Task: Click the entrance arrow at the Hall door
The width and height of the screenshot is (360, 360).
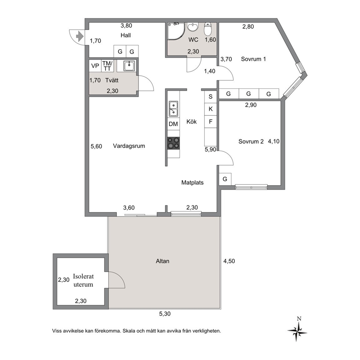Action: point(80,37)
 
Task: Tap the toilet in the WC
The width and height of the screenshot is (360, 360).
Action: point(208,29)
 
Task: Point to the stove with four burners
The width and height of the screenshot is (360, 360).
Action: point(173,143)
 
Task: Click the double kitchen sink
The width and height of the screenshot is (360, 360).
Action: point(173,109)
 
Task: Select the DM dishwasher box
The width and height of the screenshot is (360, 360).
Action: point(173,124)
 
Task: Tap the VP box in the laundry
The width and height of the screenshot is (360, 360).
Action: point(95,66)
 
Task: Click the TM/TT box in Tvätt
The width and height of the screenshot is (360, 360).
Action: point(107,66)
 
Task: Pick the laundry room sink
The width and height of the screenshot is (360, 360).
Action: point(129,66)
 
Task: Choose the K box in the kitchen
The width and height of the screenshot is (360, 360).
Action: point(210,109)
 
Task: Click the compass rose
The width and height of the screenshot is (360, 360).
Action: point(298,331)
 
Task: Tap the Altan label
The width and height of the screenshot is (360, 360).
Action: point(163,261)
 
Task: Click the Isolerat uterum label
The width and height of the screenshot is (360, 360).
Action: point(83,280)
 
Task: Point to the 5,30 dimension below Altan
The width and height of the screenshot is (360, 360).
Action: point(165,314)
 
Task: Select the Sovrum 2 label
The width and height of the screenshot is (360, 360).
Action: point(251,142)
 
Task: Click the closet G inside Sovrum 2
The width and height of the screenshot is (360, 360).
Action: point(225,179)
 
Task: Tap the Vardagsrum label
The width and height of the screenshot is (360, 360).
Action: point(129,146)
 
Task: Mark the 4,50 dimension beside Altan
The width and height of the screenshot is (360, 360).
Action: point(229,261)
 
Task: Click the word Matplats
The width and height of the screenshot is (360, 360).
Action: point(192,183)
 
